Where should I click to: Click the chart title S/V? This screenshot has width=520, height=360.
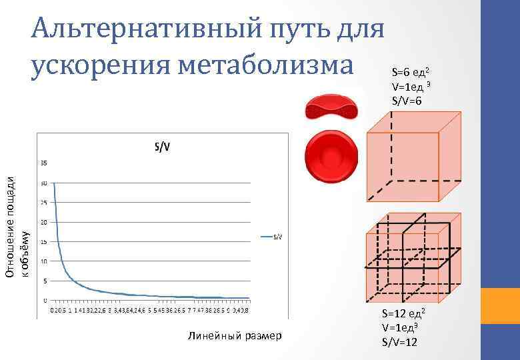click(x=162, y=147)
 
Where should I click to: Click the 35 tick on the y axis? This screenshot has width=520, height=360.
click(x=44, y=163)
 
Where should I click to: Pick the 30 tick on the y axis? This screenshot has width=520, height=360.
click(x=44, y=183)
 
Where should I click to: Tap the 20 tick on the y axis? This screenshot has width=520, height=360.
click(x=44, y=222)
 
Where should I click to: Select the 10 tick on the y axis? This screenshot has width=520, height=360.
click(x=44, y=261)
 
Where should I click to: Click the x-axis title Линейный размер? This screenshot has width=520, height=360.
click(x=234, y=335)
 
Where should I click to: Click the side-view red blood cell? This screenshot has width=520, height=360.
click(x=331, y=107)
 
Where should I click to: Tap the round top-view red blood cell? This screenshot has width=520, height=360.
click(x=331, y=157)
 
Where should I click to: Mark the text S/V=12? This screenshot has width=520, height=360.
click(x=399, y=342)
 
